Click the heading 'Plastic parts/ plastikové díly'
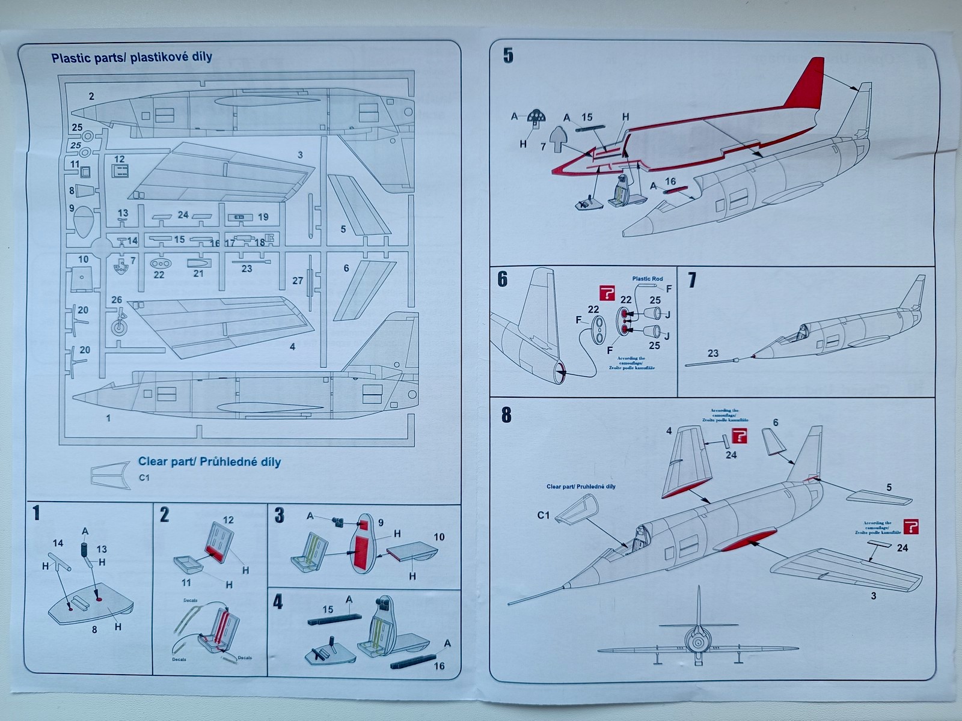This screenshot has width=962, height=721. [x=132, y=58]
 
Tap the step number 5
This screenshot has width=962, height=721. [x=508, y=56]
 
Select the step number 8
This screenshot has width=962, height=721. [x=506, y=415]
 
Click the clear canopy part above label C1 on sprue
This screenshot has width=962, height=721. [x=111, y=474]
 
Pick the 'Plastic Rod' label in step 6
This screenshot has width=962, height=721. [x=647, y=279]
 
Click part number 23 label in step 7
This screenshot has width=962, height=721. [x=712, y=353]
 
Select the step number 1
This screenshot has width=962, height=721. [x=37, y=513]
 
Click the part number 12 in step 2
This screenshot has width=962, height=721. [x=228, y=520]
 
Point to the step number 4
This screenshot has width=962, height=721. [x=278, y=602]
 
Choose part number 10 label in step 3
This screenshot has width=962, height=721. [x=439, y=537]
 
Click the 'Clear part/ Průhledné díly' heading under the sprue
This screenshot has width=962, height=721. [x=209, y=462]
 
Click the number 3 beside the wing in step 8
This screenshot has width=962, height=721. [x=873, y=596]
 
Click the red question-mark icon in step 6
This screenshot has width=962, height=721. [x=607, y=293]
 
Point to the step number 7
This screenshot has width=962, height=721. [x=692, y=280]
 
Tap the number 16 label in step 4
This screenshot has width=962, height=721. [x=439, y=666]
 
